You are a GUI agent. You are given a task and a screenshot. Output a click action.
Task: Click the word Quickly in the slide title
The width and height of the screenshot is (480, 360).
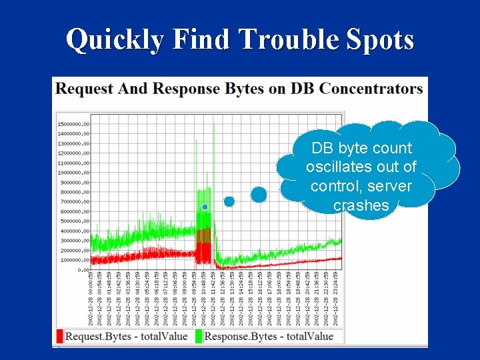pyautogui.click(x=114, y=40)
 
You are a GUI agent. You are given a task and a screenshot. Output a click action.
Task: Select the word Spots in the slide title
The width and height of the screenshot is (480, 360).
pyautogui.click(x=379, y=40)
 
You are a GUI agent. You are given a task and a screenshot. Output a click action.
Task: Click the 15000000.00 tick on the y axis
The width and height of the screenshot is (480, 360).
pyautogui.click(x=74, y=124)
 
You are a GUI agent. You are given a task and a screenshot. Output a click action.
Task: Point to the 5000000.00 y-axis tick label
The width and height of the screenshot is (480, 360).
pyautogui.click(x=75, y=221)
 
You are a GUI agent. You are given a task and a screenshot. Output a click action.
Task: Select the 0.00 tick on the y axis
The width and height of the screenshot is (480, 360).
pyautogui.click(x=83, y=270)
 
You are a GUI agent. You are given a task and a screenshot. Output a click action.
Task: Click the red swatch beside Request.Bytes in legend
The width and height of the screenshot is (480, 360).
pyautogui.click(x=60, y=336)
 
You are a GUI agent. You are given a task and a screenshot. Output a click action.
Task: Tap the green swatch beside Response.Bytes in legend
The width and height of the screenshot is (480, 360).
pyautogui.click(x=199, y=336)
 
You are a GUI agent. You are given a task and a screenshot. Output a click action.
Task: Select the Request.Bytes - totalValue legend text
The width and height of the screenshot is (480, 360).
pyautogui.click(x=126, y=336)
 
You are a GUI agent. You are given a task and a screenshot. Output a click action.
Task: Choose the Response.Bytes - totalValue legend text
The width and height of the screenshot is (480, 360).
pyautogui.click(x=269, y=336)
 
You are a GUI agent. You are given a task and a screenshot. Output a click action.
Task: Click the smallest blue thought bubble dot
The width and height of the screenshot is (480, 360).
pyautogui.click(x=205, y=207)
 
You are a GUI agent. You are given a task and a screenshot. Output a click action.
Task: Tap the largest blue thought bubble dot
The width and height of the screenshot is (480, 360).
pyautogui.click(x=259, y=195)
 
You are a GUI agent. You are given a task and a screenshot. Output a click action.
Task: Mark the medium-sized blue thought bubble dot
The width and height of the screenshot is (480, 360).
pyautogui.click(x=229, y=201)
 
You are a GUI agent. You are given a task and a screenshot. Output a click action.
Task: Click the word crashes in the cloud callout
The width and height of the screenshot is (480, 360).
pyautogui.click(x=361, y=205)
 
